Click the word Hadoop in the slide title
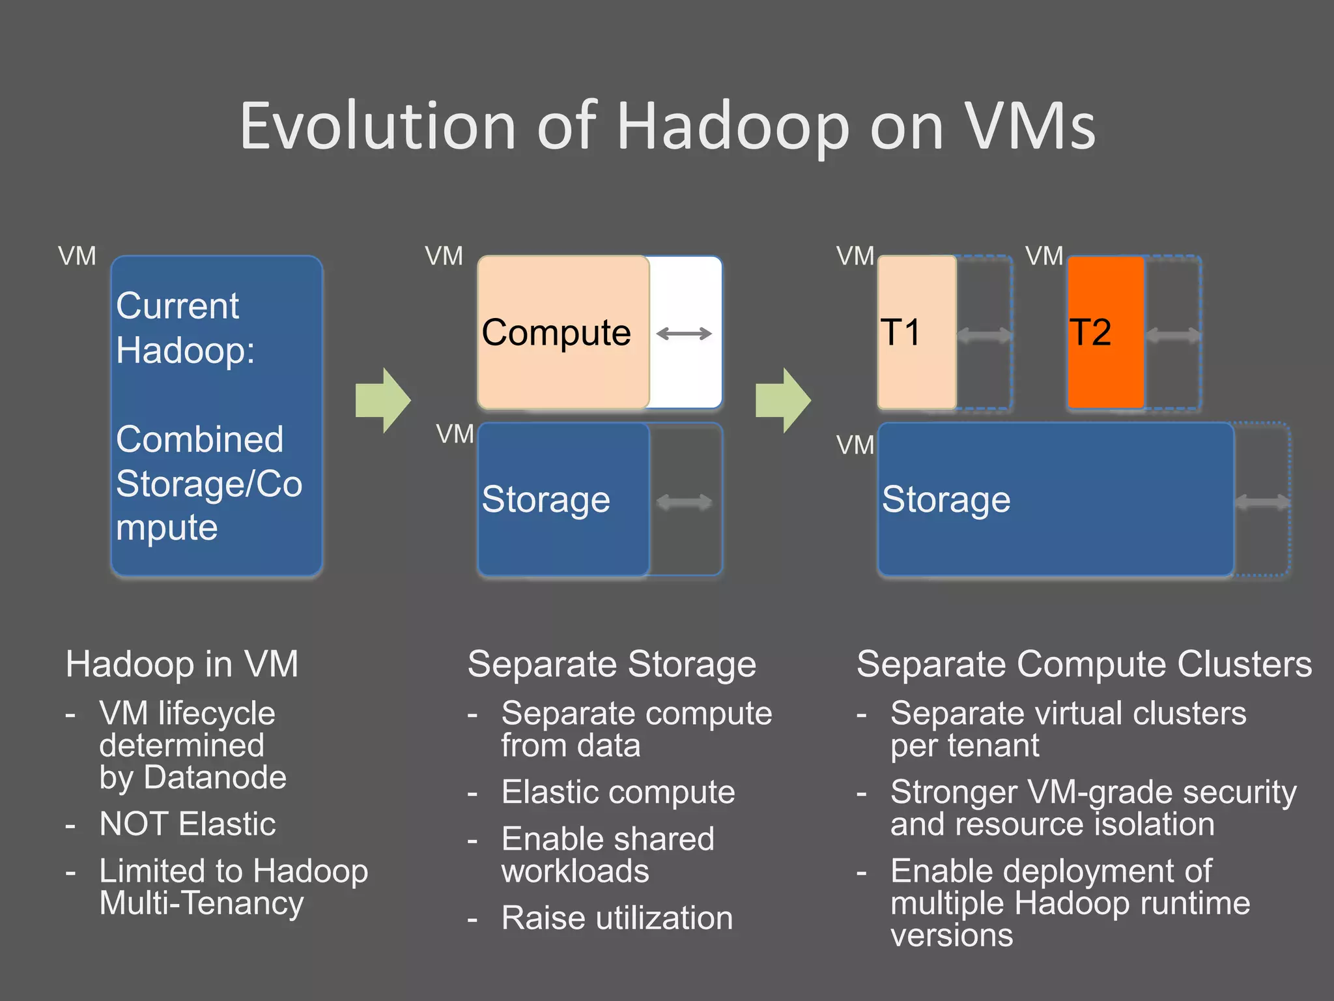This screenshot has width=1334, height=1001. coord(733,127)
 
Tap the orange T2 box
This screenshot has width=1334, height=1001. coord(1105,332)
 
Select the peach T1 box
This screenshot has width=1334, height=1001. coord(916,332)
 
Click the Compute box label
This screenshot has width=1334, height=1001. coord(556,332)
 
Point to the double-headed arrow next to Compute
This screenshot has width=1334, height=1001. coord(684,334)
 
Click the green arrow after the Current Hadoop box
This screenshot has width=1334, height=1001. coord(383,400)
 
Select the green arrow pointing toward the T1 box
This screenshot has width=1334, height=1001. coord(783,400)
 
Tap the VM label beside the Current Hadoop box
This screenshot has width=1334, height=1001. coord(77,256)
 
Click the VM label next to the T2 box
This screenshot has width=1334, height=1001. coord(1044,256)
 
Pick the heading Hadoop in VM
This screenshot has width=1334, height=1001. coord(182,664)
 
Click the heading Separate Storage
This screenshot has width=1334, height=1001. coord(612,664)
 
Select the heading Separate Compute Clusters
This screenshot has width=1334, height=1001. coord(1084,664)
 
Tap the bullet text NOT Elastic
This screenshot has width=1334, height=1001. coord(188,824)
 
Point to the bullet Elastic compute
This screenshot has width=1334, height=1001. coord(617,792)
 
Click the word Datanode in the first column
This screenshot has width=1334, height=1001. coord(215,777)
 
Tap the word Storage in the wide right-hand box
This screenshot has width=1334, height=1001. coord(946,500)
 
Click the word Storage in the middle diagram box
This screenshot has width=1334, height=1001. coord(546,500)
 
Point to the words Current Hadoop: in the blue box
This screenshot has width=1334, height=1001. coord(184,328)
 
